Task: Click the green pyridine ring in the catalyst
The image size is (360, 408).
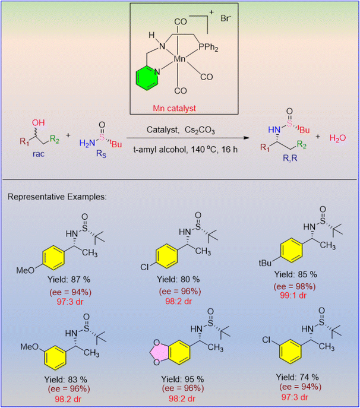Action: [146, 78]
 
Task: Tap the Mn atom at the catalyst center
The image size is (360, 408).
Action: [179, 59]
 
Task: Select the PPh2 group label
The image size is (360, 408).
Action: [209, 48]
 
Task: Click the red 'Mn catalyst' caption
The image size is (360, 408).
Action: [174, 108]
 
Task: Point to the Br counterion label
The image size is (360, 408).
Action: [226, 18]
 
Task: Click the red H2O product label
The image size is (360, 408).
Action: [337, 138]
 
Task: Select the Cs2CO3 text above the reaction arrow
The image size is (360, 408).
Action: [200, 130]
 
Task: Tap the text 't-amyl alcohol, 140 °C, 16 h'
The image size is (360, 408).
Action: [185, 150]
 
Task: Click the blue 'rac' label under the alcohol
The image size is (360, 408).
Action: [38, 154]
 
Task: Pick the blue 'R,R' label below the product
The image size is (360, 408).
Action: [290, 158]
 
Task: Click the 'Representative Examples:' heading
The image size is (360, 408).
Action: [57, 197]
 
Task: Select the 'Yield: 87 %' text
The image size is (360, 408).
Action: [69, 280]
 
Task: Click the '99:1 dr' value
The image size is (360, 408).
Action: [293, 296]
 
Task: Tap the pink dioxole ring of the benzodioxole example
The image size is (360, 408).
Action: [159, 353]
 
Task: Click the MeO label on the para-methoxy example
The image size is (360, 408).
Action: [26, 271]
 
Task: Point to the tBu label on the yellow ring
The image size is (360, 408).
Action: [265, 263]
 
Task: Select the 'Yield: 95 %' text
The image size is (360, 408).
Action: [182, 379]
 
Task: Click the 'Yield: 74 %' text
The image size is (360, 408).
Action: [297, 377]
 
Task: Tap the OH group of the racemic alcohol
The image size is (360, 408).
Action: [38, 123]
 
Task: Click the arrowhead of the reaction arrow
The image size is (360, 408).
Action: [247, 138]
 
